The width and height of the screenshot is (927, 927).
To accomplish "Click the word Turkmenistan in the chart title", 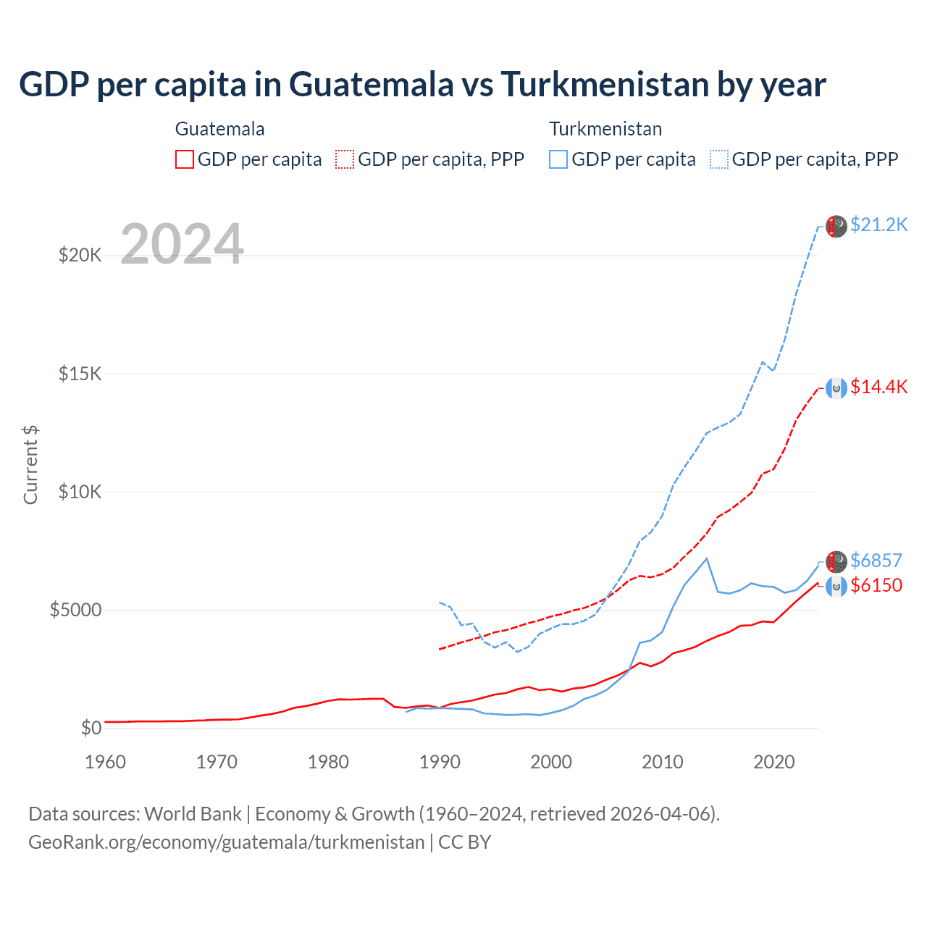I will [604, 85].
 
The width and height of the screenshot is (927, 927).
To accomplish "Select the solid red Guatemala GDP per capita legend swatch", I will [185, 159].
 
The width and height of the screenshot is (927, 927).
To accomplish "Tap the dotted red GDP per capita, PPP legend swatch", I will [345, 159].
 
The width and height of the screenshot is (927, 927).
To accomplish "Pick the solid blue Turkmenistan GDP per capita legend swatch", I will [558, 159].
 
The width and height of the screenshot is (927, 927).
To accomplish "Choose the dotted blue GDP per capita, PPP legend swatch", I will [719, 159].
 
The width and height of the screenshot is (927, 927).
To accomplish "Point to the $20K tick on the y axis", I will [80, 256].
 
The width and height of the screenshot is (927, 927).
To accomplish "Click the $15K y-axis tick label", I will [80, 374].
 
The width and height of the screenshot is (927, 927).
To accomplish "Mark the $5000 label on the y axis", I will [75, 610].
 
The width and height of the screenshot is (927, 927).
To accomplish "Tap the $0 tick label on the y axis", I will [91, 728].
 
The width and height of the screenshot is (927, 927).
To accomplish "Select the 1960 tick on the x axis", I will [105, 762].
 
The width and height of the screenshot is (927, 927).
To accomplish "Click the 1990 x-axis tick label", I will [440, 762].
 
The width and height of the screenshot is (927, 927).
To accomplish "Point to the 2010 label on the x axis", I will [663, 762].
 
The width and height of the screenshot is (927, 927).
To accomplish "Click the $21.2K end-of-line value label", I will [878, 225].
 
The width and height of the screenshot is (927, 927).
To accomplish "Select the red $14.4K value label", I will [878, 387].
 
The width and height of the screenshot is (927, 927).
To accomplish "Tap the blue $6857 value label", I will [876, 561].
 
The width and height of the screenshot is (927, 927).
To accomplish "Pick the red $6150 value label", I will [876, 585].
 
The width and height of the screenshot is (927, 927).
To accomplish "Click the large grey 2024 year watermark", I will [183, 244].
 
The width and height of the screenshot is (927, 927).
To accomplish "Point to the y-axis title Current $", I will [30, 465].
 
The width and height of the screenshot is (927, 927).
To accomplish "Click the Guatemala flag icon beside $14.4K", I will [836, 388].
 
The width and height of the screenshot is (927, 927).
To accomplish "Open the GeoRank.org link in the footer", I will [226, 842].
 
